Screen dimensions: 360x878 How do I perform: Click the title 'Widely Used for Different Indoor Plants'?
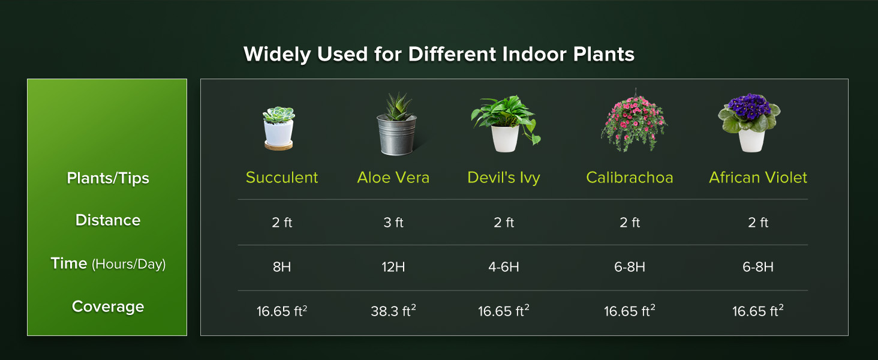(x=438, y=55)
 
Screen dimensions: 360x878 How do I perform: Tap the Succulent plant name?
(x=282, y=178)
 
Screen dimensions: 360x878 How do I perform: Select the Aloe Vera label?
(x=393, y=178)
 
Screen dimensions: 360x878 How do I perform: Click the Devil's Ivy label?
(x=504, y=178)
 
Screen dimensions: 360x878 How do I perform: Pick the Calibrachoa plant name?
(x=630, y=178)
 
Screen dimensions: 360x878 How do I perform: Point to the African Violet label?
(x=758, y=178)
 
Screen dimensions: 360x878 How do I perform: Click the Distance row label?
(x=108, y=220)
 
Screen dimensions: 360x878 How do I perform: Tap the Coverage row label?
(x=108, y=307)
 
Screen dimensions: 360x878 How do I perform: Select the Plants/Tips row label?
(x=108, y=178)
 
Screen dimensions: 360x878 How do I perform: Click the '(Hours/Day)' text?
(x=128, y=264)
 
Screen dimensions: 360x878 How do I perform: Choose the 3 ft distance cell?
(x=393, y=223)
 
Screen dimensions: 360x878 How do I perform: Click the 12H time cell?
(x=393, y=267)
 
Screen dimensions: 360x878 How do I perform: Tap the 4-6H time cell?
(x=504, y=267)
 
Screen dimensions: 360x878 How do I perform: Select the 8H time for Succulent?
(x=282, y=267)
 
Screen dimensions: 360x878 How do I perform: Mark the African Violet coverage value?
(x=758, y=311)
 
